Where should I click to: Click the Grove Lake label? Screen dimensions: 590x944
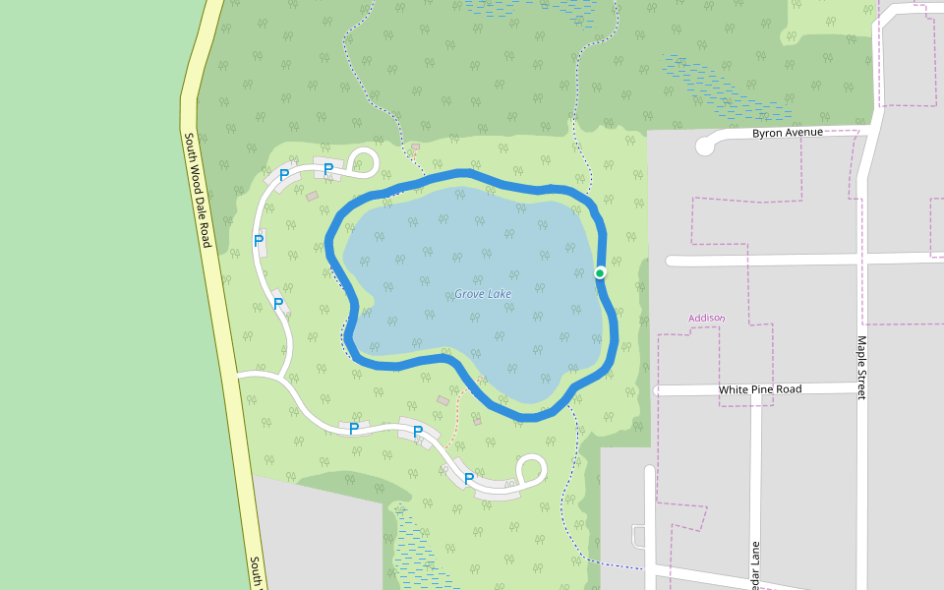point(483,294)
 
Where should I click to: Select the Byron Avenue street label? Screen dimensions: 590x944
point(786,133)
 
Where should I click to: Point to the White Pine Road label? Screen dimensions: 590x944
point(760,389)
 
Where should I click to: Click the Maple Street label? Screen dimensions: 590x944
point(861,368)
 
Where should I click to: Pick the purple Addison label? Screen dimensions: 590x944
point(706,318)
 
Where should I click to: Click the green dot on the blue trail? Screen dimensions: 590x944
point(600,272)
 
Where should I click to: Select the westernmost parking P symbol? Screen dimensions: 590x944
point(259,239)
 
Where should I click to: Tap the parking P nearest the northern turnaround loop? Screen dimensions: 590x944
point(328,169)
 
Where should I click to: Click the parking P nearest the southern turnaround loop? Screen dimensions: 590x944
point(469,479)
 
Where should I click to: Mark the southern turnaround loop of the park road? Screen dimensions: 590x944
point(532,468)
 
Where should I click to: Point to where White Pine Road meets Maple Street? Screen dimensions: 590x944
point(858,388)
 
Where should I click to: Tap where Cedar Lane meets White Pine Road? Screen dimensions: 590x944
point(756,391)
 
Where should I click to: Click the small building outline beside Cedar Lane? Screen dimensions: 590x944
point(638,536)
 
